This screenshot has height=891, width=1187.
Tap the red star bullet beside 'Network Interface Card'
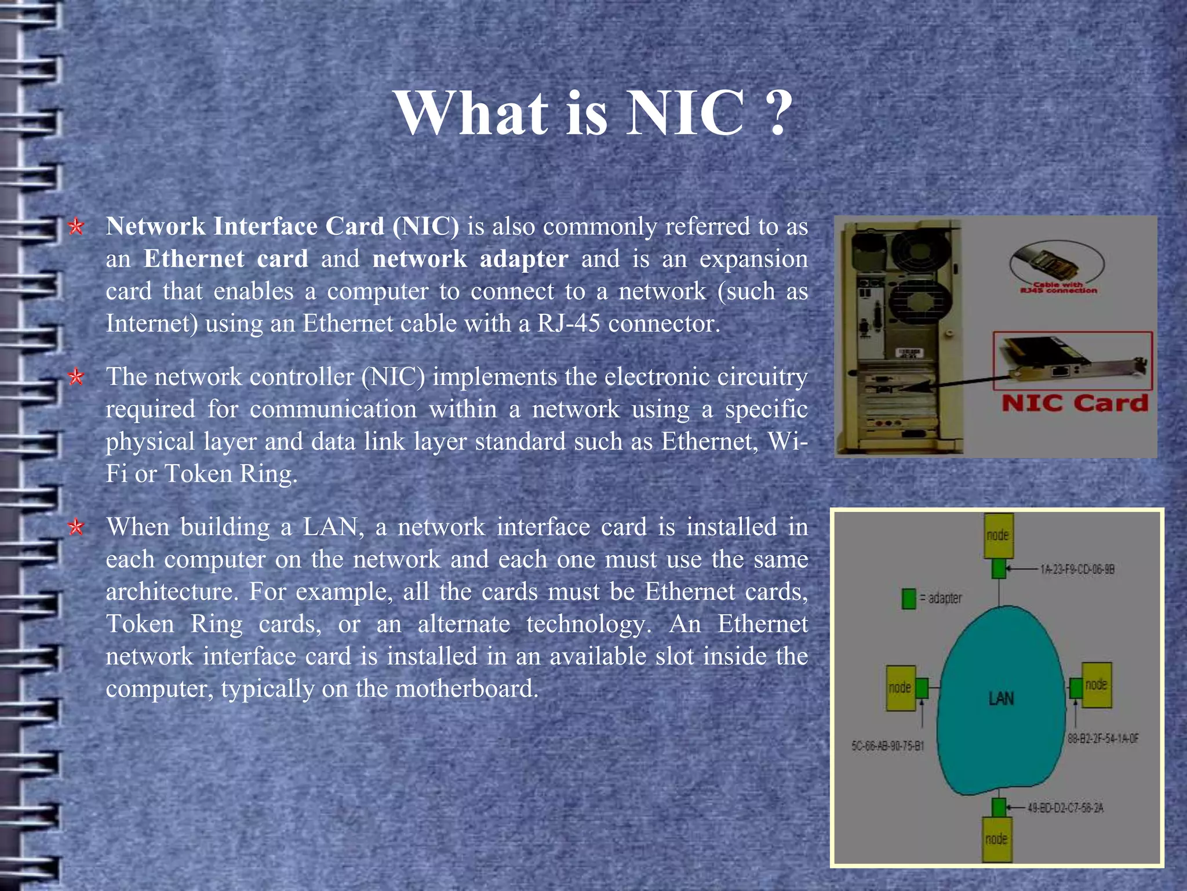coord(76,227)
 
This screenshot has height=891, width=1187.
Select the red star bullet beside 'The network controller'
coord(76,378)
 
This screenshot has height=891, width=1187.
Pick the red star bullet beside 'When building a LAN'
coord(76,527)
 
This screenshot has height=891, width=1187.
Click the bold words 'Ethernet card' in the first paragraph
coord(225,259)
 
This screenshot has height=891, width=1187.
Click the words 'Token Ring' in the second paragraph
coord(230,474)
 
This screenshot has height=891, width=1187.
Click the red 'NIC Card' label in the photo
coord(1074,403)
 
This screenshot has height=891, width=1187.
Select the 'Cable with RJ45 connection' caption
coord(1058,288)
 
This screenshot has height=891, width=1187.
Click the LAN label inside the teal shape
coord(1001,698)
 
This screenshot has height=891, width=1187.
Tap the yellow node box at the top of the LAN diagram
coord(998,535)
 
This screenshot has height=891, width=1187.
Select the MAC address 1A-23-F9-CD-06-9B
coord(1077,570)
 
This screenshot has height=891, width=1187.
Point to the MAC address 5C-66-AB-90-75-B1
coord(887,746)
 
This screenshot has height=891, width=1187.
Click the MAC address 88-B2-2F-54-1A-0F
coord(1103,738)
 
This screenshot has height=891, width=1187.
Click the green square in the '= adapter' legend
coord(909,599)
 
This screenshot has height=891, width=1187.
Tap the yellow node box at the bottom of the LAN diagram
coord(997,839)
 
